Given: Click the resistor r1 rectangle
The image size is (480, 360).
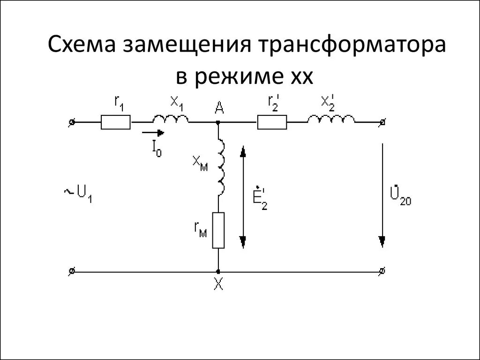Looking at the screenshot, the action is pyautogui.click(x=115, y=123).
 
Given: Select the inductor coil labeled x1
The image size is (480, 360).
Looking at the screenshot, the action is pyautogui.click(x=170, y=120).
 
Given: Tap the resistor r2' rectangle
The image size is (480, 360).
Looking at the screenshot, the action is pyautogui.click(x=271, y=123).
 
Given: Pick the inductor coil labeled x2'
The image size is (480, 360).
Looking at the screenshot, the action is pyautogui.click(x=331, y=120).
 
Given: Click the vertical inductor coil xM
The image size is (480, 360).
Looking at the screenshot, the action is pyautogui.click(x=220, y=167).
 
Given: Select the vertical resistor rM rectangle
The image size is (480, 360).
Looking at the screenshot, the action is pyautogui.click(x=218, y=230).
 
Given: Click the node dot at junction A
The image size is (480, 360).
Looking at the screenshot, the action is pyautogui.click(x=218, y=123).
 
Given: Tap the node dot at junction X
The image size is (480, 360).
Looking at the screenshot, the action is pyautogui.click(x=218, y=271).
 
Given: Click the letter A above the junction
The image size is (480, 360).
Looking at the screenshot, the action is pyautogui.click(x=219, y=109).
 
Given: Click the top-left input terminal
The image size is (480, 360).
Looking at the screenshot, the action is pyautogui.click(x=71, y=123).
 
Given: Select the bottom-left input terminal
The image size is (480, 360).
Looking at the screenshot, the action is pyautogui.click(x=71, y=271).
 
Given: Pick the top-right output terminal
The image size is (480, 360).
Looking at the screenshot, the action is pyautogui.click(x=383, y=123).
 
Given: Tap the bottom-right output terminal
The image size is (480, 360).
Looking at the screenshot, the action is pyautogui.click(x=383, y=271).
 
